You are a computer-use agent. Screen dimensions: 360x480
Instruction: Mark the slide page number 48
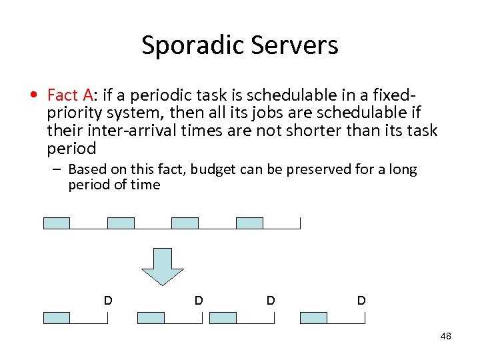click(x=446, y=336)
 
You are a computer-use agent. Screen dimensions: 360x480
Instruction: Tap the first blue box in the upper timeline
click(x=57, y=223)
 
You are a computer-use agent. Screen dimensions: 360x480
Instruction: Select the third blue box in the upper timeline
click(x=185, y=223)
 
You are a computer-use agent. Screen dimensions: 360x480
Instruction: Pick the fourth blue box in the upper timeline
click(x=249, y=223)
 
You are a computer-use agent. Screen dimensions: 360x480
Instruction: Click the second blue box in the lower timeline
click(x=151, y=318)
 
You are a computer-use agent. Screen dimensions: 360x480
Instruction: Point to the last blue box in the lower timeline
click(x=313, y=318)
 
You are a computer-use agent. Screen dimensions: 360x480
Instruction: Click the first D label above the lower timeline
click(x=107, y=301)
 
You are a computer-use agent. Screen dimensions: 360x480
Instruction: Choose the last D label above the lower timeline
click(x=361, y=301)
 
